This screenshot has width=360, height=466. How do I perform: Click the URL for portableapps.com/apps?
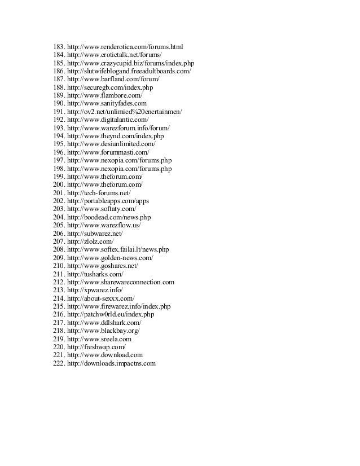(x=108, y=201)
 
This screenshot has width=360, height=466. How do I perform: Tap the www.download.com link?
(x=104, y=355)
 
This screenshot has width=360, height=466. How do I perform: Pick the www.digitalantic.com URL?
(x=108, y=120)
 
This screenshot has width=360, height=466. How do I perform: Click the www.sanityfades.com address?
(x=107, y=103)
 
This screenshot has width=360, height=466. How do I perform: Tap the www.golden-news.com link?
(x=109, y=258)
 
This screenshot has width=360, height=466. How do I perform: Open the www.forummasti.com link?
(x=108, y=152)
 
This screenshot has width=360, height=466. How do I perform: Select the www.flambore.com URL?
(x=104, y=95)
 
